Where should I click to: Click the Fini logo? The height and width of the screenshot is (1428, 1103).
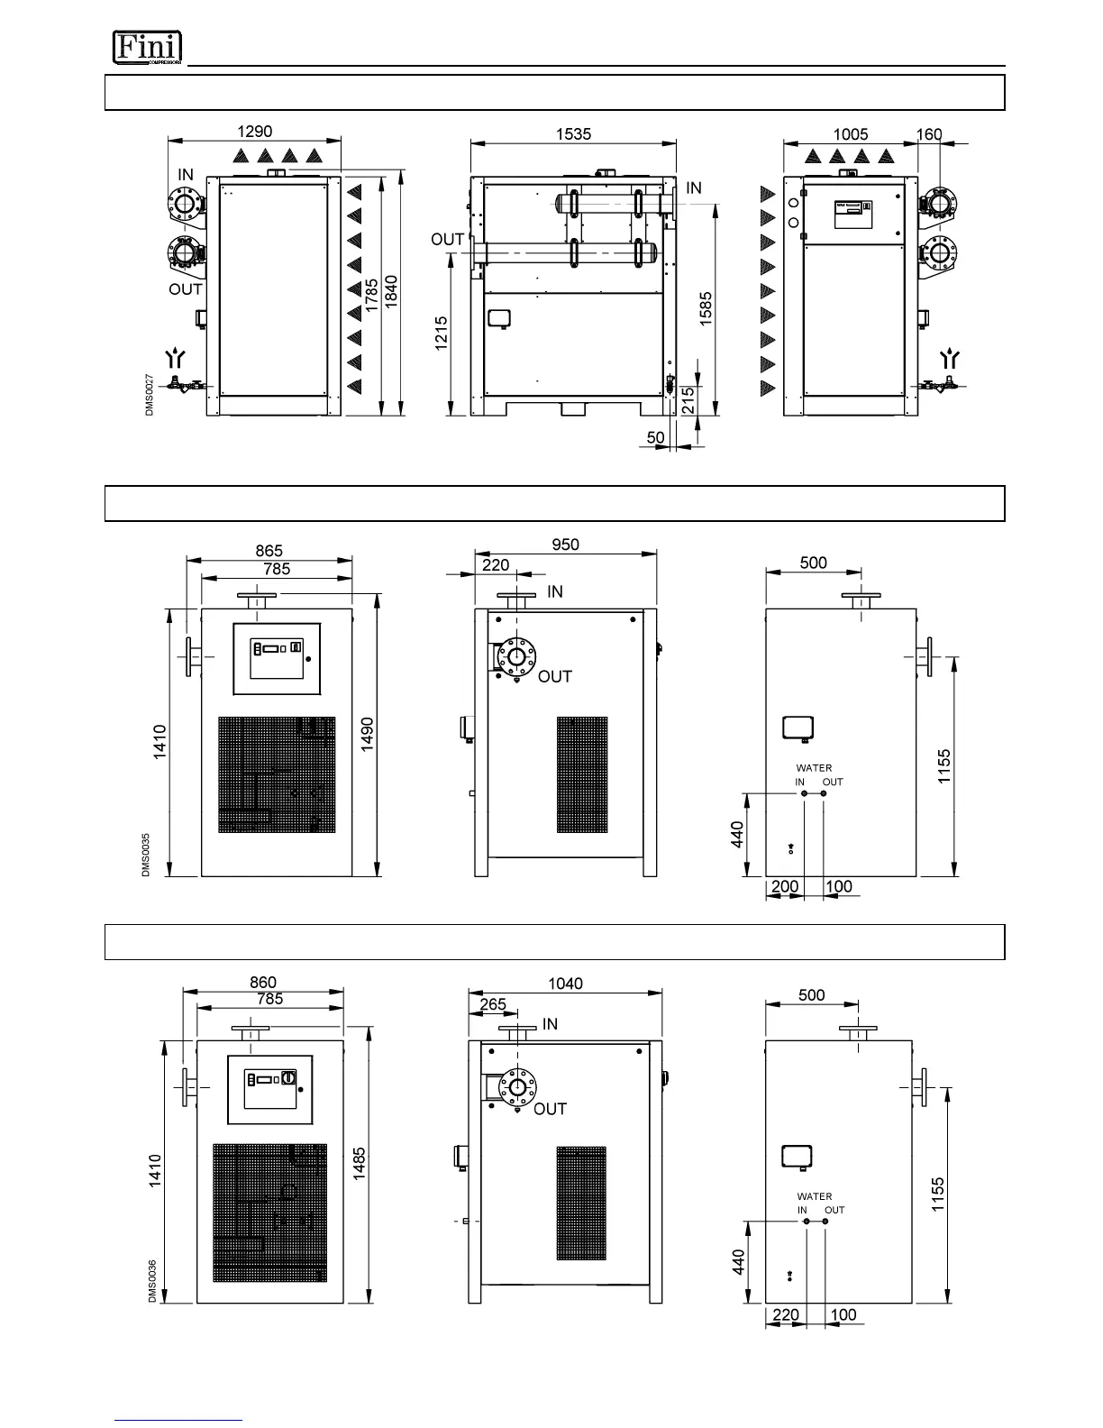point(147,47)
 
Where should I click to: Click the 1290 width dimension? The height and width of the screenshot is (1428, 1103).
point(253,132)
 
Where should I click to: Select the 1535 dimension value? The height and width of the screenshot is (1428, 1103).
point(573,133)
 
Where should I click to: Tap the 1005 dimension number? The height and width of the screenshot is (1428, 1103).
point(851,134)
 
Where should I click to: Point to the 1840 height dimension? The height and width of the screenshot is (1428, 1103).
point(392,293)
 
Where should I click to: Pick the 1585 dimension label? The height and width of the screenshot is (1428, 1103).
point(706,308)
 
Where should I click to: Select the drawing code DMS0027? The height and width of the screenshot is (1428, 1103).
point(150,395)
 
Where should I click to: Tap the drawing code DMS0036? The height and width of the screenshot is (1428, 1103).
point(152,1281)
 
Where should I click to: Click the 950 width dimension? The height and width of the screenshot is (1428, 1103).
point(566,545)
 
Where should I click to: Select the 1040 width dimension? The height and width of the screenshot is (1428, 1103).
point(566,984)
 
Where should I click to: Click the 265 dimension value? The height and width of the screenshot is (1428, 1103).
point(493,1003)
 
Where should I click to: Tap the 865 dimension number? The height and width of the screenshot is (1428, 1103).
point(269,551)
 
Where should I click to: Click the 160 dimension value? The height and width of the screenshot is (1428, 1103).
point(929,134)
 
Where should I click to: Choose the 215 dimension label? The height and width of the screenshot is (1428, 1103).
point(688,398)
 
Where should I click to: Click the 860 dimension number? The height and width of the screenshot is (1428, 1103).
point(263,982)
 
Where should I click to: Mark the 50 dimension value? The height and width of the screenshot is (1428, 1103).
point(656,437)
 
